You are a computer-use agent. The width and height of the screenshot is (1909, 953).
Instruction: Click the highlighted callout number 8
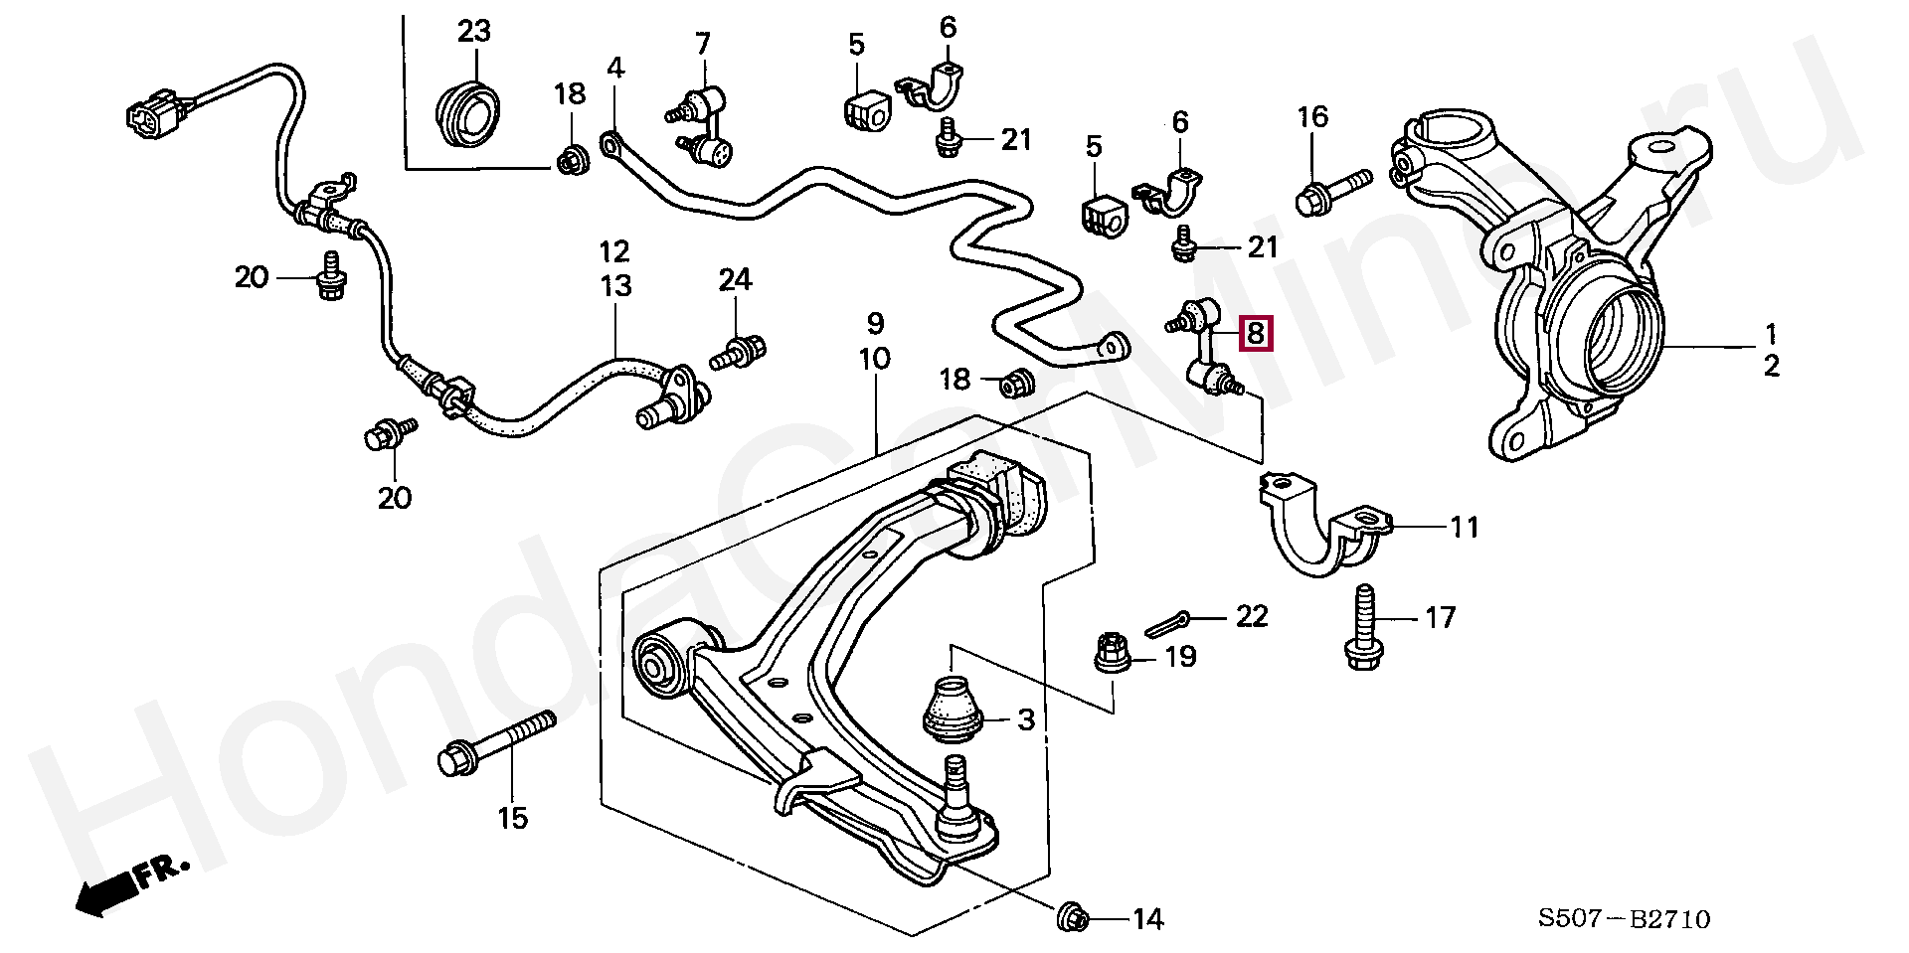coord(1255,333)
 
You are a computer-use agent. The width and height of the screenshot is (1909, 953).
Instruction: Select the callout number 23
coord(474,31)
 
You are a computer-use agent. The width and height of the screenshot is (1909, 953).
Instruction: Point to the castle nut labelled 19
coord(1113,652)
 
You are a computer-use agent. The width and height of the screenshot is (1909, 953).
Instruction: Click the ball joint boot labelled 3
coord(954,709)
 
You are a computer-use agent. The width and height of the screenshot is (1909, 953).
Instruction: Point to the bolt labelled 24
coord(739,351)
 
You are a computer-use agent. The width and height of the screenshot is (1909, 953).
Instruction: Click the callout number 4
coord(615,69)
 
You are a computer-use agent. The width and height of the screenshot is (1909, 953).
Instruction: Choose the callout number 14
coord(1147,919)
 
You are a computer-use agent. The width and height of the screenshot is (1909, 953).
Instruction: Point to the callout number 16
coord(1312,117)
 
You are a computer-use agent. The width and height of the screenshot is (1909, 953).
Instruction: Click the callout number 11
coord(1464,527)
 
